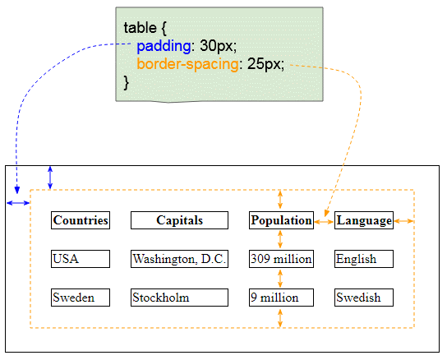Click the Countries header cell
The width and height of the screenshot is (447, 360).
81,220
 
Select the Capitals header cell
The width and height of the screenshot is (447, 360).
179,220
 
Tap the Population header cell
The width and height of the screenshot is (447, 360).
281,220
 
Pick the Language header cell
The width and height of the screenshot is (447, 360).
364,220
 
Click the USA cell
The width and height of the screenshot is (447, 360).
81,259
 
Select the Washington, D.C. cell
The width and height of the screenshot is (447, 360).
179,259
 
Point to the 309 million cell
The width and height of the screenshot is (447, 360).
281,259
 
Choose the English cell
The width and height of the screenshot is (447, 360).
364,259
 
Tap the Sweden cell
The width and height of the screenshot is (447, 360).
81,298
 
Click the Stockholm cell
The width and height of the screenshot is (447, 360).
179,298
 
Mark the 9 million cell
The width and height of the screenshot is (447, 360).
281,298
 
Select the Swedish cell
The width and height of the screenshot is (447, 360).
364,298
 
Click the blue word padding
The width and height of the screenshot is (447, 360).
164,46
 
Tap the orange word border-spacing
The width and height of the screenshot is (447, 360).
187,64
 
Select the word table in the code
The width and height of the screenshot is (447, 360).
140,28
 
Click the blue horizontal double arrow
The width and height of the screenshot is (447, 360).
18,203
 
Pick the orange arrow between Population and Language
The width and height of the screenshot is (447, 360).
324,222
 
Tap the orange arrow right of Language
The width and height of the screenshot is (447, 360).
403,221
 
